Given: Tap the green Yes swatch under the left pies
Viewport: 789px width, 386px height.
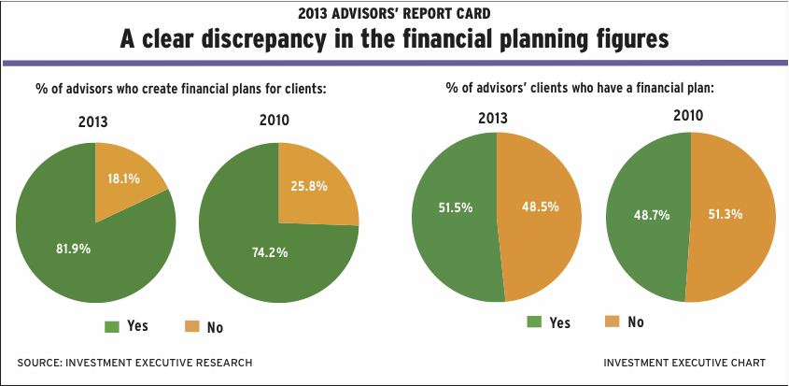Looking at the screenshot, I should point(112,326).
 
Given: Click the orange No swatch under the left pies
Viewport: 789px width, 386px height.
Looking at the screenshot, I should point(192,326).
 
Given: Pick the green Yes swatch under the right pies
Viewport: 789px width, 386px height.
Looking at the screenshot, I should point(535,322).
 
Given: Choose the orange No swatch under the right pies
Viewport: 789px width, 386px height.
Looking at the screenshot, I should point(614,322).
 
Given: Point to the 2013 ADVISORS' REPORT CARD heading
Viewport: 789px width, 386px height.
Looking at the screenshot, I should point(394,12).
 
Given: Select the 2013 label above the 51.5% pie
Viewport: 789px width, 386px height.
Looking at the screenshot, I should point(495,118).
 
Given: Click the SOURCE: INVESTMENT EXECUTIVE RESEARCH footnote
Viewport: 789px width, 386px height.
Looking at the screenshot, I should point(134,363).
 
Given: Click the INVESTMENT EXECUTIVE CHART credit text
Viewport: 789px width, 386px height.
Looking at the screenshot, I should point(685,363).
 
